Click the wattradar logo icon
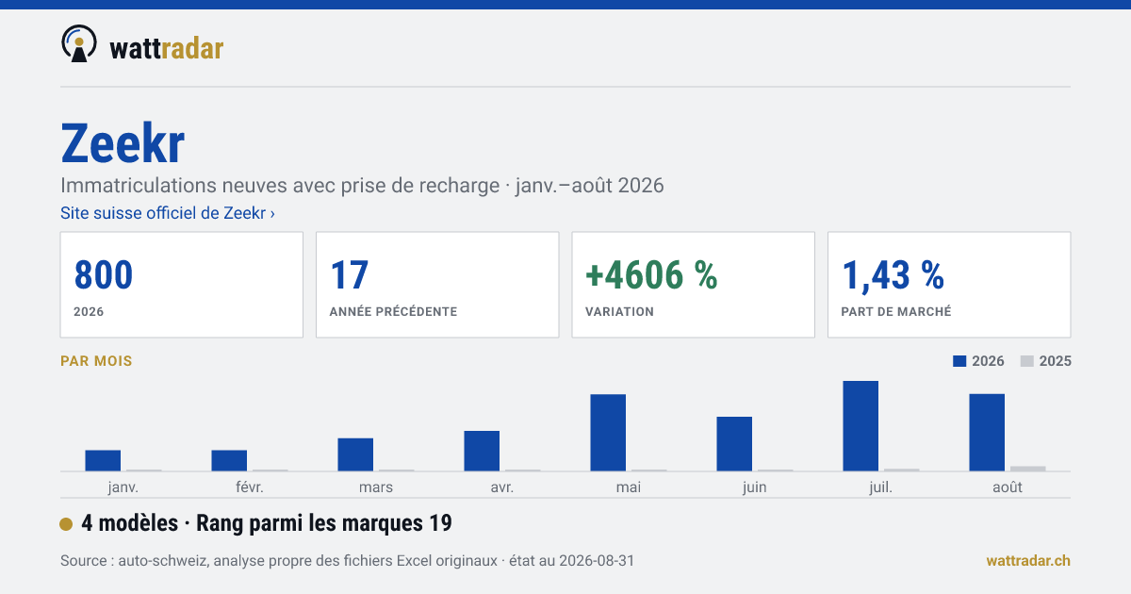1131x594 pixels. pyautogui.click(x=79, y=43)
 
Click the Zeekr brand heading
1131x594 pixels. pyautogui.click(x=123, y=144)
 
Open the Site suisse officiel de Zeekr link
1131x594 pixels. pyautogui.click(x=168, y=213)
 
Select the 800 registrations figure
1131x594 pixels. pyautogui.click(x=104, y=275)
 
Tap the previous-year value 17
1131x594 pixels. pyautogui.click(x=349, y=275)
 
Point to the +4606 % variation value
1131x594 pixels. pyautogui.click(x=651, y=275)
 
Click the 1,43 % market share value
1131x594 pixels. pyautogui.click(x=893, y=275)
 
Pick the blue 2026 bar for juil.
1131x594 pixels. pyautogui.click(x=861, y=426)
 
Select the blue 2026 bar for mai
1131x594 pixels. pyautogui.click(x=608, y=433)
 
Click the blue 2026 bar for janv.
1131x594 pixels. pyautogui.click(x=103, y=461)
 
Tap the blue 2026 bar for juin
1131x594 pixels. pyautogui.click(x=734, y=444)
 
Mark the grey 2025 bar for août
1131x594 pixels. pyautogui.click(x=1028, y=469)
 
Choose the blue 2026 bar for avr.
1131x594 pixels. pyautogui.click(x=482, y=451)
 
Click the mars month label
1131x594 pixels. pyautogui.click(x=376, y=487)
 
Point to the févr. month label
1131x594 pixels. pyautogui.click(x=250, y=487)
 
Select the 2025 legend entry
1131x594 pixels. pyautogui.click(x=1045, y=361)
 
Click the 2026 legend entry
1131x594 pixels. pyautogui.click(x=978, y=361)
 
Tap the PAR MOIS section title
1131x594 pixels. pyautogui.click(x=96, y=361)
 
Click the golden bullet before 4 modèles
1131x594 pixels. pyautogui.click(x=66, y=524)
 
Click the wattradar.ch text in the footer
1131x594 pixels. pyautogui.click(x=1028, y=561)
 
